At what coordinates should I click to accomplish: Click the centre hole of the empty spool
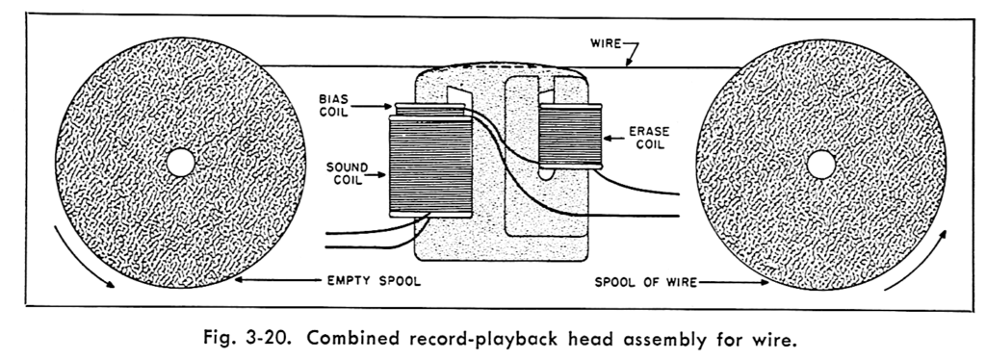click(x=180, y=163)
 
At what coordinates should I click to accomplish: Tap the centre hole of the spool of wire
click(x=820, y=165)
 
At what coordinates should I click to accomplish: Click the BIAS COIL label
click(x=333, y=107)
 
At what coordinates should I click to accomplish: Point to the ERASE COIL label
click(x=649, y=138)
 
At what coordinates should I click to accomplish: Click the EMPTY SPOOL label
click(x=374, y=281)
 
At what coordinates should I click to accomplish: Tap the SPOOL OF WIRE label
click(x=646, y=283)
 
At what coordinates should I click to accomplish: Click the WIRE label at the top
click(x=606, y=43)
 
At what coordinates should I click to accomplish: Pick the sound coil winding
click(x=430, y=167)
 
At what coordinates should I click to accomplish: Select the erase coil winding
click(x=570, y=137)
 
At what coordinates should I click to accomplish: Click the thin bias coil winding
click(x=430, y=110)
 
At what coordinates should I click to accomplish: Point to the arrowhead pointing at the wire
click(x=628, y=62)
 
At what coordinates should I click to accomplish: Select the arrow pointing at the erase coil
click(x=613, y=138)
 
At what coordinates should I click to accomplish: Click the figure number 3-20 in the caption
click(x=266, y=340)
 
